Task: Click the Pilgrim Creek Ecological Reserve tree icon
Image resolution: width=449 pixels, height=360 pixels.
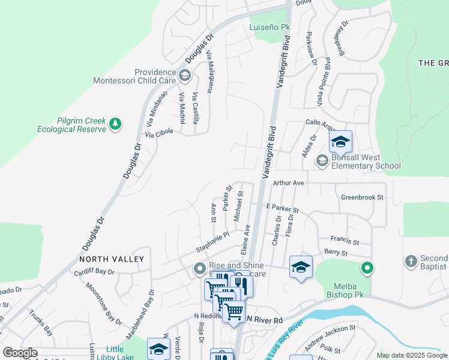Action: click(x=115, y=124)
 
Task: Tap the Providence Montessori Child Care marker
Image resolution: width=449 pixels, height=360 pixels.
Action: click(x=185, y=75)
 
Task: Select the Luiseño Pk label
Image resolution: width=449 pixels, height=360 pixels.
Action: click(x=270, y=28)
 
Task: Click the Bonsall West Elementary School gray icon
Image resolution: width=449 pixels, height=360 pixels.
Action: click(x=322, y=160)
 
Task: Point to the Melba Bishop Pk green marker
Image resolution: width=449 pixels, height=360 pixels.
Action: click(x=366, y=268)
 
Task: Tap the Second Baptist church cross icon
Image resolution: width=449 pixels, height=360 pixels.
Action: click(x=411, y=261)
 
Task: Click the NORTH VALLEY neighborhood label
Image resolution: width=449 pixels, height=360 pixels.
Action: click(x=112, y=259)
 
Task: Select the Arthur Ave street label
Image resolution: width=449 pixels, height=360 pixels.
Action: click(x=289, y=182)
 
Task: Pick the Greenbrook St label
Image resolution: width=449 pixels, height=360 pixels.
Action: click(x=361, y=197)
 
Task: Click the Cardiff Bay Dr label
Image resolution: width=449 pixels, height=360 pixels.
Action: click(x=94, y=271)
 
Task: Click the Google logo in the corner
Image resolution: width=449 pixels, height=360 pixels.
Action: click(x=20, y=353)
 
